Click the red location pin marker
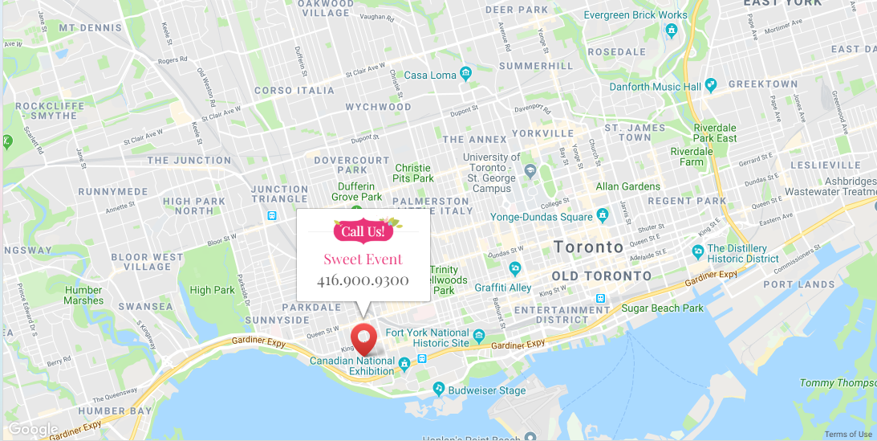(x=364, y=337)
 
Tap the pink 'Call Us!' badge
(x=363, y=231)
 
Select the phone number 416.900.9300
(x=363, y=280)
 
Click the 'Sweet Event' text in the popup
(x=363, y=259)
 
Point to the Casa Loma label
(x=428, y=76)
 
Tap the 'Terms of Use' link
(x=848, y=435)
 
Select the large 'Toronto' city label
(x=588, y=247)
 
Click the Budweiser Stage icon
(x=438, y=390)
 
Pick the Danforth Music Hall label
(x=656, y=87)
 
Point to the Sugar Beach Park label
(x=662, y=308)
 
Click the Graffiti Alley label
(x=502, y=288)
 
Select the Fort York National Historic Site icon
(x=479, y=336)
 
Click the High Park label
(x=213, y=290)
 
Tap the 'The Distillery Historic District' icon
(x=698, y=252)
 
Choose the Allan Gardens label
(x=627, y=186)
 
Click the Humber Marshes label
(x=83, y=296)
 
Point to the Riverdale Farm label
(x=691, y=156)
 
